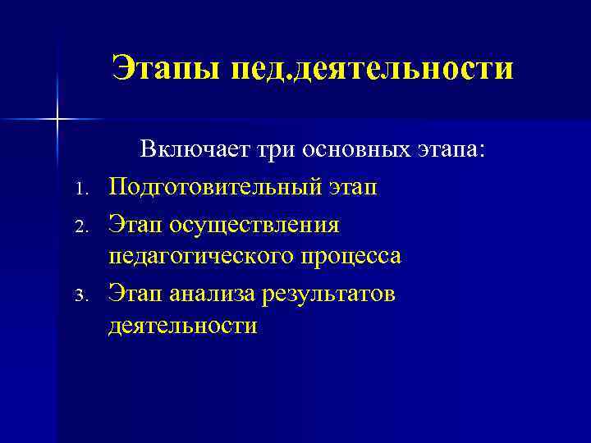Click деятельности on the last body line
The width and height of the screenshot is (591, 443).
[x=182, y=327]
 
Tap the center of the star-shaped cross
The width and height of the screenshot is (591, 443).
[x=57, y=120]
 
